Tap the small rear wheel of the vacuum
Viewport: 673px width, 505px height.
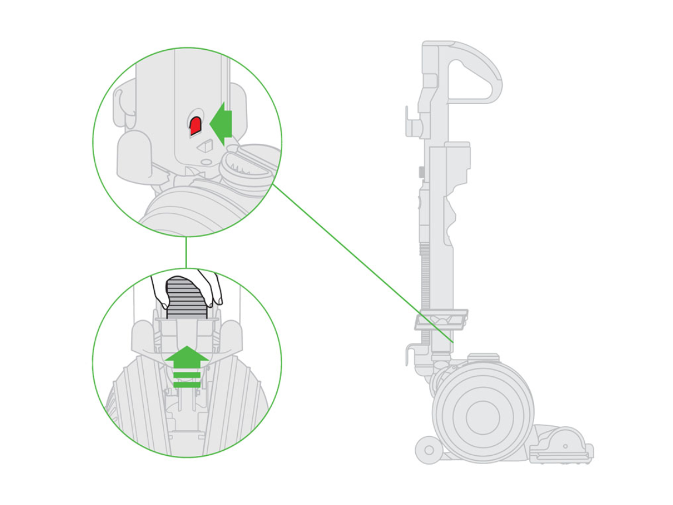click(428, 451)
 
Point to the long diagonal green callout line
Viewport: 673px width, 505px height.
click(362, 263)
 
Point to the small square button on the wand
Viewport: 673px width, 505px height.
click(421, 172)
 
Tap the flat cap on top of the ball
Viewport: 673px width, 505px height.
click(483, 357)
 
